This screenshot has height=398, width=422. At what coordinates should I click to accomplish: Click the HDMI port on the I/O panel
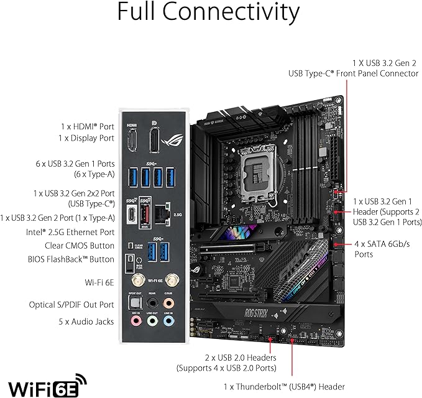(x=131, y=142)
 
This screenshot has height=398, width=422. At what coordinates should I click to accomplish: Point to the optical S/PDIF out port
(x=132, y=302)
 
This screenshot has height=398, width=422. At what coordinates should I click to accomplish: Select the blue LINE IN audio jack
(x=168, y=322)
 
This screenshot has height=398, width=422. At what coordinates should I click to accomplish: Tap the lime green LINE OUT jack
(x=150, y=322)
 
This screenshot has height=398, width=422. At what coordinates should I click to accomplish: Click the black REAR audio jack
(x=150, y=302)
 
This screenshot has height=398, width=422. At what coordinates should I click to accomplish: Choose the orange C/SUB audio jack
(x=168, y=302)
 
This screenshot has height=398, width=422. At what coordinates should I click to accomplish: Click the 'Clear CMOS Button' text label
(x=71, y=246)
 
